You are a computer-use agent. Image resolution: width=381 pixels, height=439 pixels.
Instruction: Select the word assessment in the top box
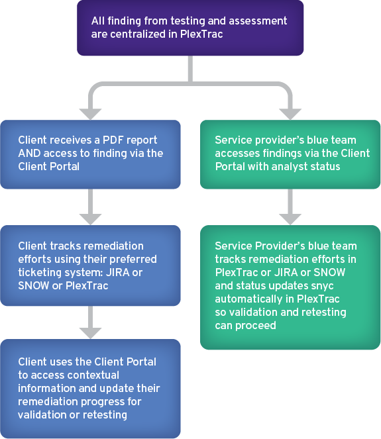pyautogui.click(x=258, y=21)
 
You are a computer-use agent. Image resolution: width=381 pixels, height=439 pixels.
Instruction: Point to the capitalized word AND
pyautogui.click(x=29, y=154)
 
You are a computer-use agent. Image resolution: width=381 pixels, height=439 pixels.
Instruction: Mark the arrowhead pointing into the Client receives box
pyautogui.click(x=90, y=115)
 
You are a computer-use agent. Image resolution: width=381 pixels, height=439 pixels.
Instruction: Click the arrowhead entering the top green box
pyautogui.click(x=290, y=115)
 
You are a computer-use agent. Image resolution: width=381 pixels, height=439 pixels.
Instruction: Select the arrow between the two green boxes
pyautogui.click(x=290, y=207)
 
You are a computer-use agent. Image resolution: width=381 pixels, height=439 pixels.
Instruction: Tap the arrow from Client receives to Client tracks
pyautogui.click(x=90, y=207)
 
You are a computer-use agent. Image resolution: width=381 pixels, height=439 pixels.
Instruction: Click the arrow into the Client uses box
pyautogui.click(x=90, y=322)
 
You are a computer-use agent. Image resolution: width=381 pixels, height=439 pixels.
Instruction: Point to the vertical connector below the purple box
pyautogui.click(x=191, y=69)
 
